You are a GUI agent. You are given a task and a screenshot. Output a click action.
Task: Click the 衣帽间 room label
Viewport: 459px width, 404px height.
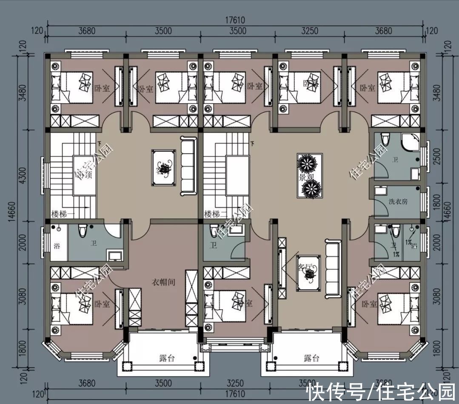(x=164, y=282)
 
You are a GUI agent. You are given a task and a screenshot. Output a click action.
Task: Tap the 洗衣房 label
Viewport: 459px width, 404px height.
(x=398, y=201)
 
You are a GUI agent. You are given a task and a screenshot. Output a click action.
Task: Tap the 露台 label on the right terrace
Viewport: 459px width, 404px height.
(x=311, y=358)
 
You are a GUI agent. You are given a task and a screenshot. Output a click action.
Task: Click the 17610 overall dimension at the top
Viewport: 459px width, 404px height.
(x=235, y=20)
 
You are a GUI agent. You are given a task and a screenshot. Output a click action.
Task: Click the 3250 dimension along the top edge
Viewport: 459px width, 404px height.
(x=309, y=31)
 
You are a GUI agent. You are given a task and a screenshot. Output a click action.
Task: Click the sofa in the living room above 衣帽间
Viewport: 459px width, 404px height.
(x=188, y=166)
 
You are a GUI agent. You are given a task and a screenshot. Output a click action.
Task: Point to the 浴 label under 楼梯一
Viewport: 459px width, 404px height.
(x=57, y=246)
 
